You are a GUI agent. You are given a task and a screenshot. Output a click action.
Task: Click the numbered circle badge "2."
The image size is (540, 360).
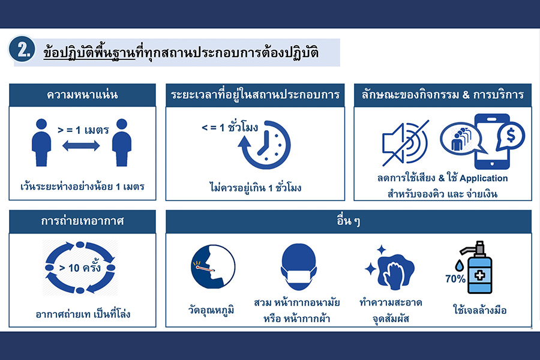pyautogui.click(x=22, y=50)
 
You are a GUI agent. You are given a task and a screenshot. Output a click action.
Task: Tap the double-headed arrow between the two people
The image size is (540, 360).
pyautogui.click(x=81, y=146)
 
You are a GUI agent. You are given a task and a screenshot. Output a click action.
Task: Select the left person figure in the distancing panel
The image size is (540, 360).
pyautogui.click(x=41, y=143)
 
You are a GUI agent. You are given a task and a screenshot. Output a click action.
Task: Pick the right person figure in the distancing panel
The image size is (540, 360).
pyautogui.click(x=122, y=143)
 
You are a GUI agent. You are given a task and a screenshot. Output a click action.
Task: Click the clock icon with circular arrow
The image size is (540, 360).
pyautogui.click(x=265, y=145)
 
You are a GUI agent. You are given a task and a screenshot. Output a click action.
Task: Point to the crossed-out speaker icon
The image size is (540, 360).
pyautogui.click(x=406, y=143)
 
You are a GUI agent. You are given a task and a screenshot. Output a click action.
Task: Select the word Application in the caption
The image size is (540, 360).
pyautogui.click(x=484, y=178)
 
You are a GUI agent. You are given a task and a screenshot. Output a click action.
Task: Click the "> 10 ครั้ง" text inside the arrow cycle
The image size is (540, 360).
pyautogui.click(x=80, y=268)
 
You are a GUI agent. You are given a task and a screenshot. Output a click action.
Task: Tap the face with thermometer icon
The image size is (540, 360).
pyautogui.click(x=213, y=266)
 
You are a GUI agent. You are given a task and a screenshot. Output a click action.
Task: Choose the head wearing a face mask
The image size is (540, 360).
pyautogui.click(x=298, y=266)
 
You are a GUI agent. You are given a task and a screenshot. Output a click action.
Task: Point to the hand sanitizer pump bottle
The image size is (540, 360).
pyautogui.click(x=478, y=267)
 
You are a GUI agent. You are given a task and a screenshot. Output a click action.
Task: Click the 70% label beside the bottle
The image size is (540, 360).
pyautogui.click(x=455, y=278)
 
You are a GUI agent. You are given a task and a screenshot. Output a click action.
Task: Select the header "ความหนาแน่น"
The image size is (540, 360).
pyautogui.click(x=82, y=95)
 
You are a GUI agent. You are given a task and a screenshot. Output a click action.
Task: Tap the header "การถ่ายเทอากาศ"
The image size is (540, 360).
pyautogui.click(x=82, y=221)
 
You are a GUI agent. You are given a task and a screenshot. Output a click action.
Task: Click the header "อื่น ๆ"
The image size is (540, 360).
pyautogui.click(x=348, y=221)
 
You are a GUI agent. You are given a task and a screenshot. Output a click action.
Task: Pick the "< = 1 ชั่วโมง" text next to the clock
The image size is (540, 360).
pyautogui.click(x=230, y=127)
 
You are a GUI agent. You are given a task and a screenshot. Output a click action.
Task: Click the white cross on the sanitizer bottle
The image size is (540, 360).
pyautogui.click(x=480, y=275)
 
